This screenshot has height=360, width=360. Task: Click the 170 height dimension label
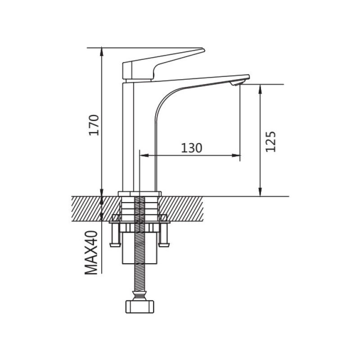[94, 125]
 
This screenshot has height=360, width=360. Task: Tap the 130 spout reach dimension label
[192, 148]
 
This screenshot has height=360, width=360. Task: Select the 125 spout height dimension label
[270, 142]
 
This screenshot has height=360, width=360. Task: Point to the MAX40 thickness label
[91, 252]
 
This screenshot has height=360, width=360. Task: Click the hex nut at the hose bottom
[139, 307]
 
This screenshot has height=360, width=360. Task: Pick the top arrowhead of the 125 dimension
[260, 89]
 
